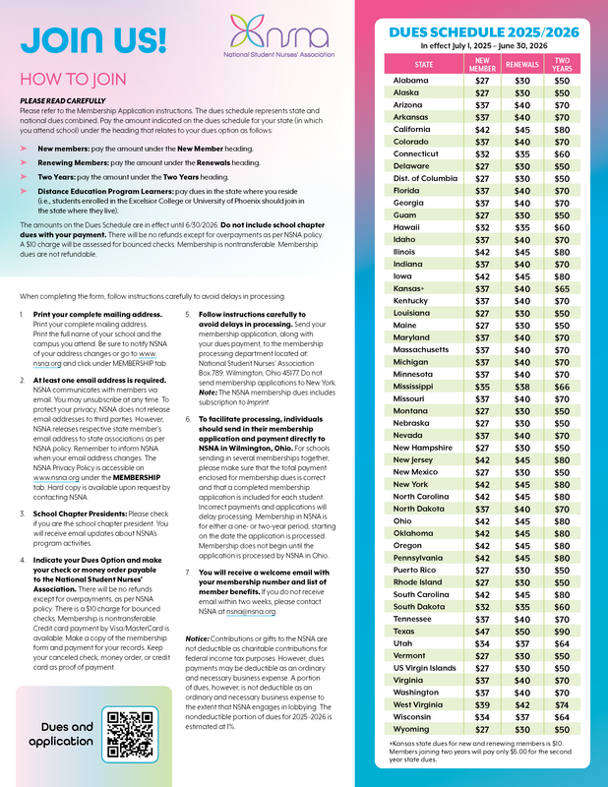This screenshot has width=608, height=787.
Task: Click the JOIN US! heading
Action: (93, 39)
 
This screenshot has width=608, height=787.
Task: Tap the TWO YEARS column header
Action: (562, 65)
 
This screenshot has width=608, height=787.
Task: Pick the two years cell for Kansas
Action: (562, 289)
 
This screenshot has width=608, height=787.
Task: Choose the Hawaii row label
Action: (406, 225)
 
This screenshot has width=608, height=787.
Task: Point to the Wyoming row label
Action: (411, 730)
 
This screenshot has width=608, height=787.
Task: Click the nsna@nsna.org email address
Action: (251, 611)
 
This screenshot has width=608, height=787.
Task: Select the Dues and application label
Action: (60, 734)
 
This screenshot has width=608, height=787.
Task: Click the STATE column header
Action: (423, 65)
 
